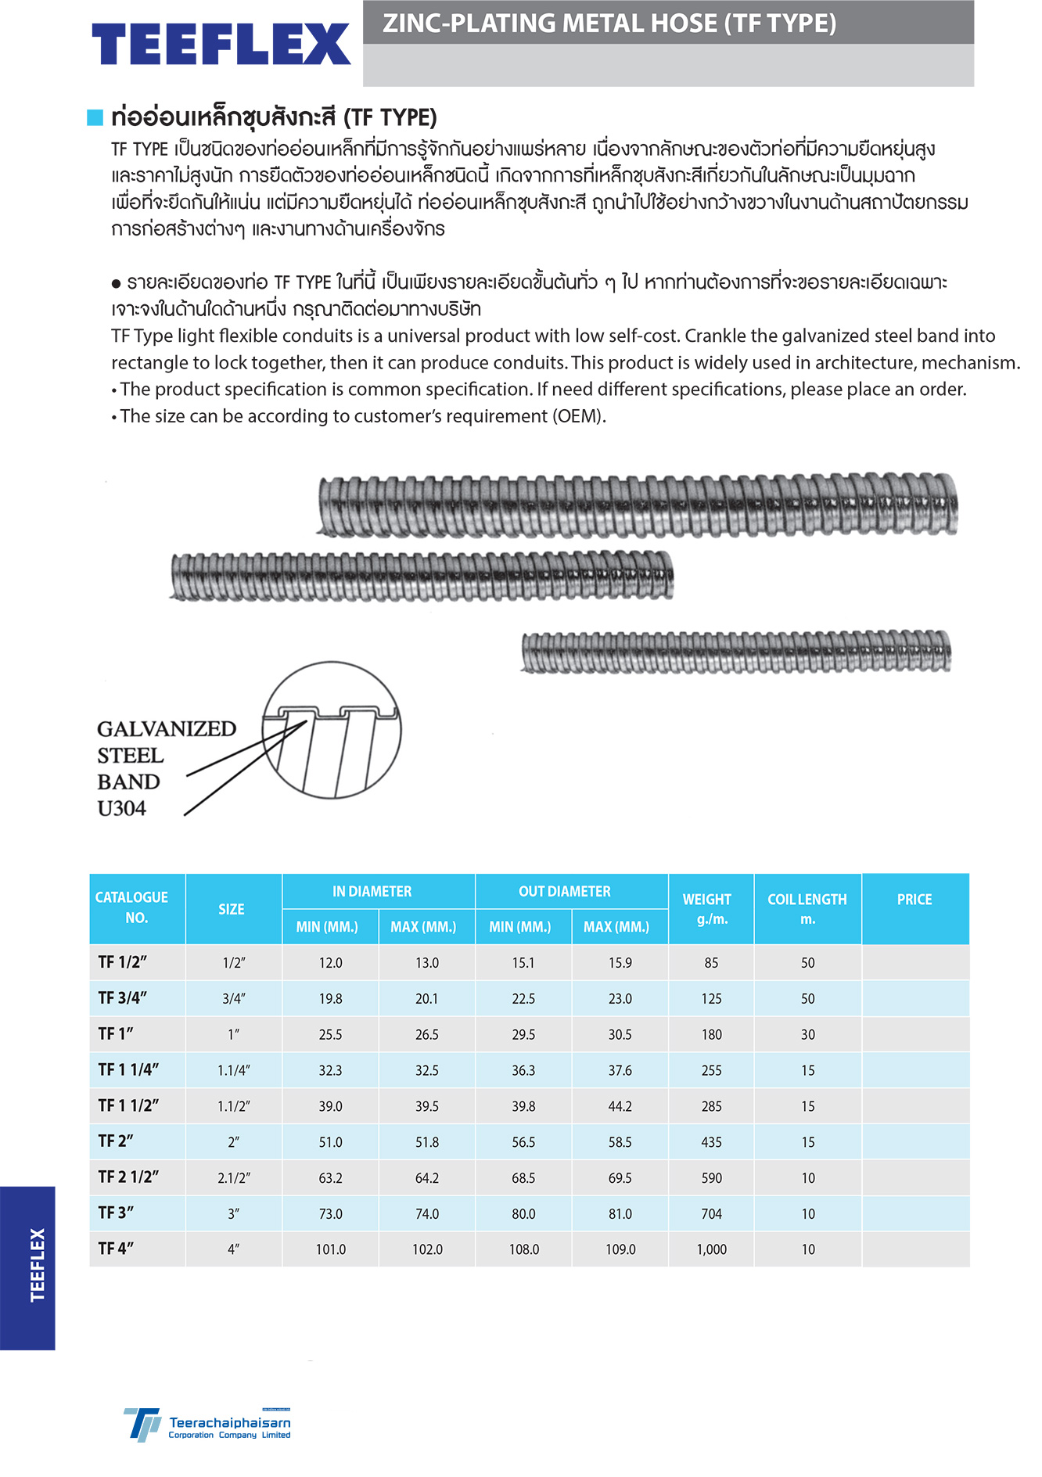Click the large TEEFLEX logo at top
(221, 44)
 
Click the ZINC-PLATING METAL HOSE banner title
(609, 23)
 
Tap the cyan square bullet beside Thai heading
(95, 117)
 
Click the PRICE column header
(914, 900)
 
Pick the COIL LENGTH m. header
(807, 908)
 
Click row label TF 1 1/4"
(128, 1069)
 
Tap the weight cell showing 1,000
(711, 1249)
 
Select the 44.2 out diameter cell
(620, 1106)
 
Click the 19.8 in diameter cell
(330, 999)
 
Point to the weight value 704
(711, 1213)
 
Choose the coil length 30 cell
(807, 1034)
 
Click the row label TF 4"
(116, 1249)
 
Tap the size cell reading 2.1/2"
(233, 1178)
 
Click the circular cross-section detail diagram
(332, 731)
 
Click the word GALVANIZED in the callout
(167, 729)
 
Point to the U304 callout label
(122, 809)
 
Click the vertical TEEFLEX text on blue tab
(37, 1265)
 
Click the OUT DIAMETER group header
(564, 891)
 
